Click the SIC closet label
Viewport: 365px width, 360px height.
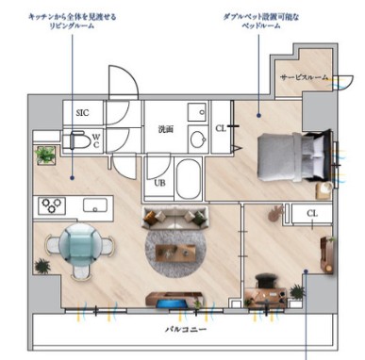click(x=84, y=112)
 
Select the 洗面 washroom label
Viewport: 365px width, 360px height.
click(x=166, y=129)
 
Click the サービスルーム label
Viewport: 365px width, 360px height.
click(x=303, y=78)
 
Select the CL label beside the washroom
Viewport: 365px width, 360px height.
click(x=220, y=127)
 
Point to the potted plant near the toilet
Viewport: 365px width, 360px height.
click(x=44, y=154)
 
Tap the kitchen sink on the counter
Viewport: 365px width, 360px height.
click(x=93, y=205)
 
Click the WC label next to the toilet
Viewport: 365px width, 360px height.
click(x=96, y=143)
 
